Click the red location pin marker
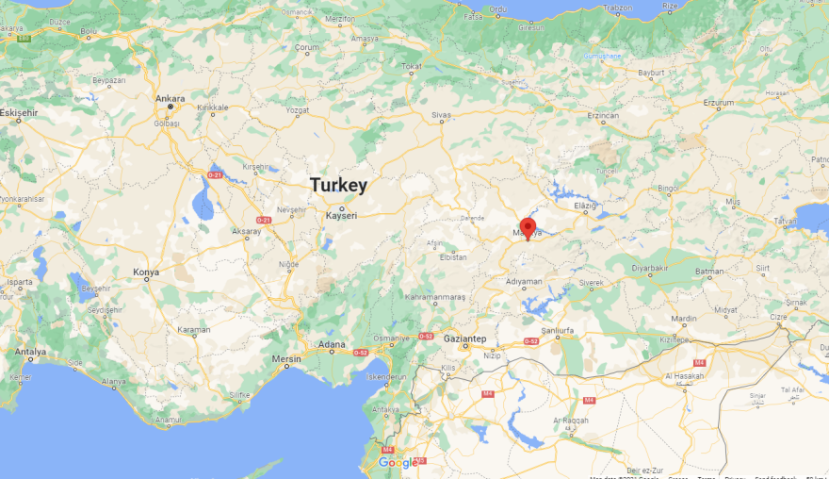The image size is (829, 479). (x=528, y=228)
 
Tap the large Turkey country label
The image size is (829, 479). (x=338, y=186)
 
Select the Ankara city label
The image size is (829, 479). (x=171, y=98)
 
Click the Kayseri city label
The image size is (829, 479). (x=341, y=216)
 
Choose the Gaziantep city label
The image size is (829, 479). (x=465, y=338)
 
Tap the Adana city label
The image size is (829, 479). (x=331, y=343)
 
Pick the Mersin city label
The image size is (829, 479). (x=285, y=358)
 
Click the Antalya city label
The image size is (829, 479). (x=30, y=352)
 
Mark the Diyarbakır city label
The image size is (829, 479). (x=650, y=269)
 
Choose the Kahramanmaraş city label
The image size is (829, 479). (x=435, y=297)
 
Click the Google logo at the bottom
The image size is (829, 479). (x=398, y=463)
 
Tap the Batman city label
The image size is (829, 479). (x=708, y=272)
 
